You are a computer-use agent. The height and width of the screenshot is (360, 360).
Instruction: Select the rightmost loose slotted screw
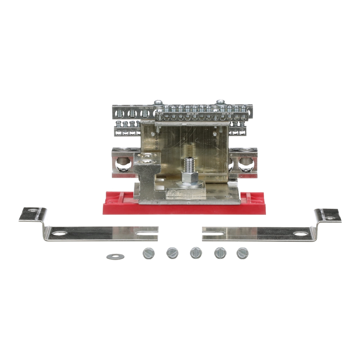pos(242,253)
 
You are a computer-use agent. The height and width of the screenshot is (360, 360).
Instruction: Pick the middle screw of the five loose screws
pos(196,253)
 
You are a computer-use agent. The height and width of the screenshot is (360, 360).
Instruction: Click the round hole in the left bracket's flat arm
pos(60,233)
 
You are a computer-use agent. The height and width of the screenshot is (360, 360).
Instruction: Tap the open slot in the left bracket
pos(149,232)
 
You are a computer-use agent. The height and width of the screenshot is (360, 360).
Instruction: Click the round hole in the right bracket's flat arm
pos(300,233)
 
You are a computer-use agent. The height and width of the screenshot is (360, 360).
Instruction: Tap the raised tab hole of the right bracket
pos(330,218)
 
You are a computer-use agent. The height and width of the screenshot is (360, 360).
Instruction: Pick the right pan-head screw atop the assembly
pos(220,102)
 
